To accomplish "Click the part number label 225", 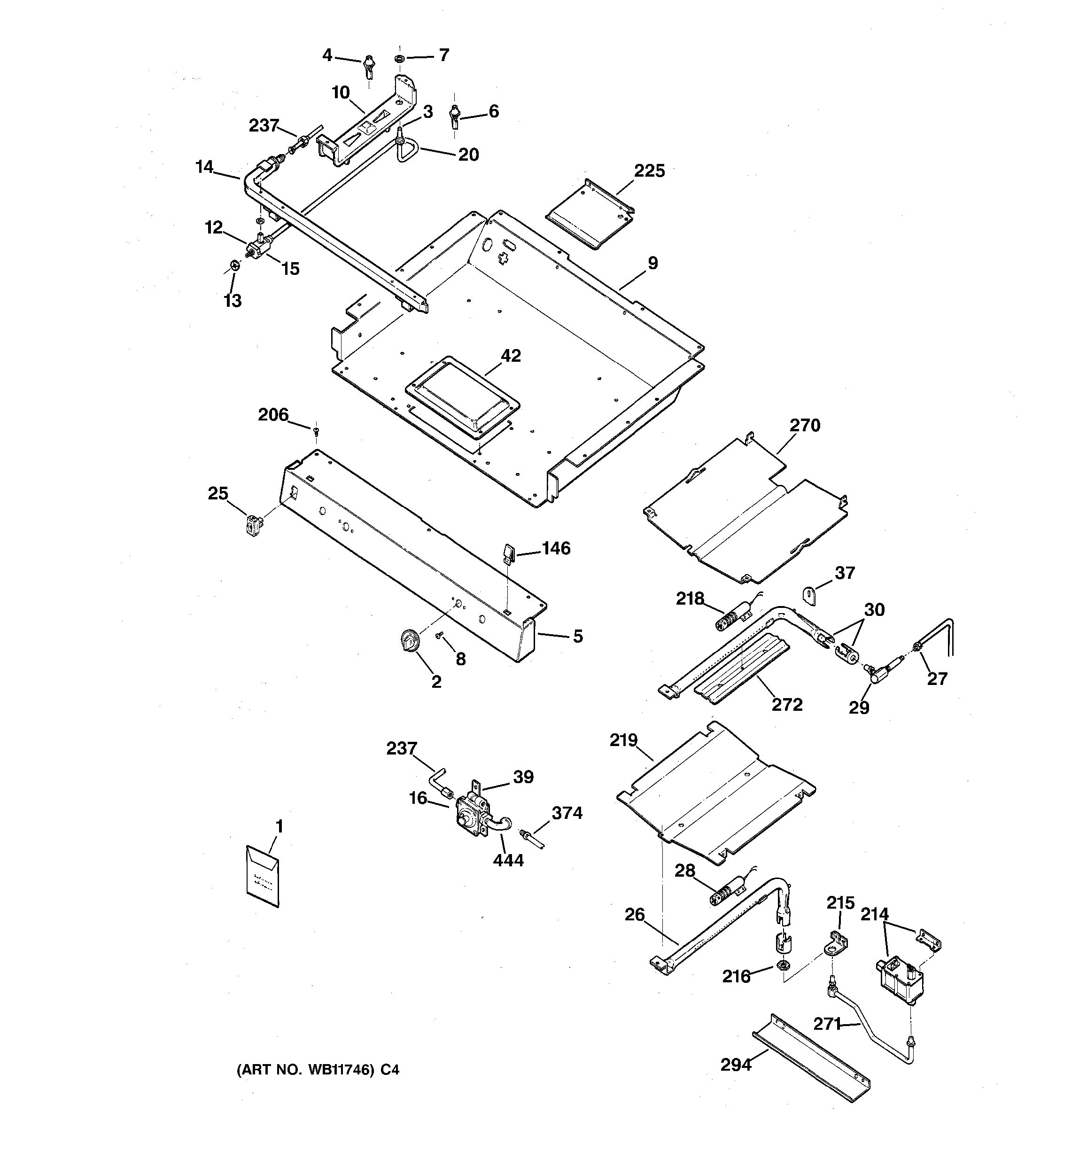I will tap(649, 171).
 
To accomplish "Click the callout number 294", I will tap(736, 1065).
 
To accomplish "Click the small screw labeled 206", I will tap(316, 431).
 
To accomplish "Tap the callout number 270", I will tap(805, 426).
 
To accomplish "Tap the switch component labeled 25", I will tap(253, 525).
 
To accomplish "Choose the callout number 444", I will tap(508, 860).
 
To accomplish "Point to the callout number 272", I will tap(787, 704).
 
